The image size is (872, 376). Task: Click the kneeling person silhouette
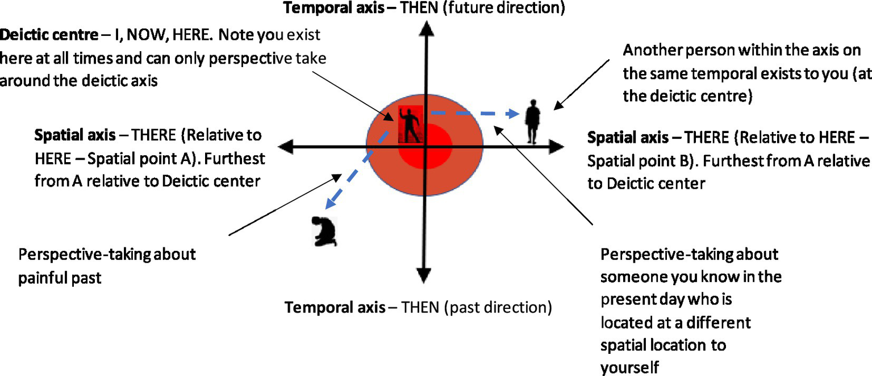(326, 232)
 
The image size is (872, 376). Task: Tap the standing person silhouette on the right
(532, 122)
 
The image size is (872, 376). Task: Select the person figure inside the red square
(410, 125)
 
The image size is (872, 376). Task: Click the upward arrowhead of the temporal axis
(424, 28)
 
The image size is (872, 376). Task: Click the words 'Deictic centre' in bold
(49, 35)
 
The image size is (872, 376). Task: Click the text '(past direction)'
(498, 308)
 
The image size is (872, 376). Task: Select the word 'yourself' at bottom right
(629, 367)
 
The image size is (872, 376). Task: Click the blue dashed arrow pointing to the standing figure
(477, 113)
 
